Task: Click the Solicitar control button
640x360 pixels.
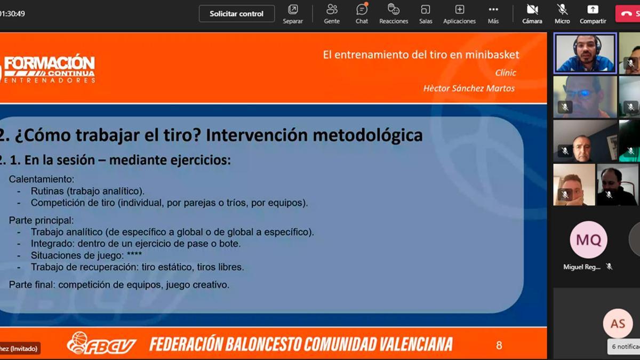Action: tap(237, 14)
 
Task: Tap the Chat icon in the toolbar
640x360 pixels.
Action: tap(362, 10)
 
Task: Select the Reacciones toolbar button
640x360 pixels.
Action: tap(394, 10)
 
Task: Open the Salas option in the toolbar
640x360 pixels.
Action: tap(426, 10)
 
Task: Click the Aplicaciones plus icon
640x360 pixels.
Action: tap(459, 10)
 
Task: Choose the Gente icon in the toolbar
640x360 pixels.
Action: tap(332, 10)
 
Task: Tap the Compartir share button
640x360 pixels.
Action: tap(593, 10)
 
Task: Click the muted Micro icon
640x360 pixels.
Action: tap(562, 10)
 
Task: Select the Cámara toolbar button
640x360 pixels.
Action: tap(532, 10)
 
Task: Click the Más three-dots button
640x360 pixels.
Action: tap(493, 10)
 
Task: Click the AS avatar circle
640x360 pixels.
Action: tap(618, 324)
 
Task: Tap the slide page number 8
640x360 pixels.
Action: tap(499, 345)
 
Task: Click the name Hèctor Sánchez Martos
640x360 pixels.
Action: tap(469, 89)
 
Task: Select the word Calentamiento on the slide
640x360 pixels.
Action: tap(42, 179)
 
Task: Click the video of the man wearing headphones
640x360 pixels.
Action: tap(585, 53)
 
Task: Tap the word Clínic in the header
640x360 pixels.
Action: tap(506, 73)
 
